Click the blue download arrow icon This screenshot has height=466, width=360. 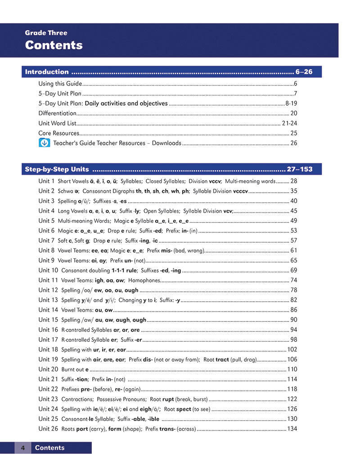coord(44,143)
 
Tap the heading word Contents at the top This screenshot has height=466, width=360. coord(54,45)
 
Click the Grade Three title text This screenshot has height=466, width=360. coord(46,33)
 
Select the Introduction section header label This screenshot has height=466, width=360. coord(47,72)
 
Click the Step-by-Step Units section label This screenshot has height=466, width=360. coord(57,170)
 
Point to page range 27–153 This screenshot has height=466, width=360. coord(299,170)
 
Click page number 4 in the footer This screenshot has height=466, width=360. coord(22,448)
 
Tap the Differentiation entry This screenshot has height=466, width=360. coord(58,113)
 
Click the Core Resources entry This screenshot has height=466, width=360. coord(58,133)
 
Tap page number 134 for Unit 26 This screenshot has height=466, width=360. coord(292,429)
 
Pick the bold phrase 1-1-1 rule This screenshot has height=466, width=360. coord(124,270)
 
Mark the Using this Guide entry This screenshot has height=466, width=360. coord(60,84)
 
